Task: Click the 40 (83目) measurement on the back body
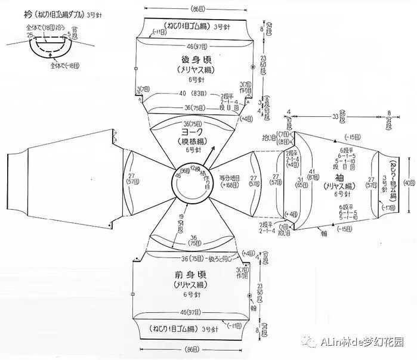(193, 93)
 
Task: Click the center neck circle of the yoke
(189, 182)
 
